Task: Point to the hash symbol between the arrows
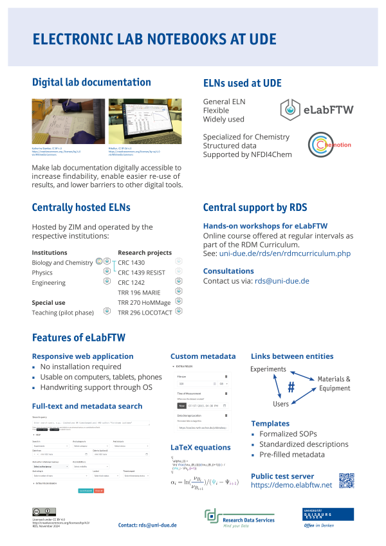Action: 291,388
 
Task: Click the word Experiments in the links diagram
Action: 268,369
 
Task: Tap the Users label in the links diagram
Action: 280,405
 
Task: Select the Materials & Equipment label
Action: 335,383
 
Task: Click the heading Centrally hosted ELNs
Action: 81,207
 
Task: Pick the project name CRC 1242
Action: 133,283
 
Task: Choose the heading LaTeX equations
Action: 200,447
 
